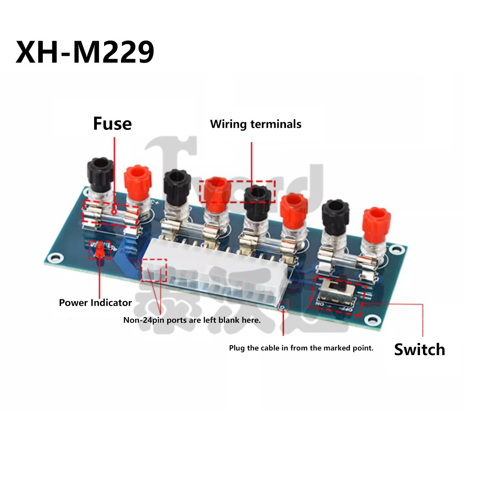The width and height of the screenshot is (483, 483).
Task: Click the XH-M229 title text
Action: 85,53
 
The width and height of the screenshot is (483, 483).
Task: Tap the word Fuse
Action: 112,124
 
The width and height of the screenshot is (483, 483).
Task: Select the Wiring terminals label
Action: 256,124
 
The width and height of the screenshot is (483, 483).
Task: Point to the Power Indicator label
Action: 95,303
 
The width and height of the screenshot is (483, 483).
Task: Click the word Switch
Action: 419,350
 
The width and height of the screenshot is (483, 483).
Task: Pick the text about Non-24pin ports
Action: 192,320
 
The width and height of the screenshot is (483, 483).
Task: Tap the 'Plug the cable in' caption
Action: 301,348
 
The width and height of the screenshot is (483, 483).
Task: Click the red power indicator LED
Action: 99,251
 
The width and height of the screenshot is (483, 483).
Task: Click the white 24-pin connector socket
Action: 216,276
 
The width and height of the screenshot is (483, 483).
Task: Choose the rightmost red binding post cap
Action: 374,221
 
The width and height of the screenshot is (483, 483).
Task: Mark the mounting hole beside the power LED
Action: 54,259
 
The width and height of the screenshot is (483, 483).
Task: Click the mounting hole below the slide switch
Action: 371,320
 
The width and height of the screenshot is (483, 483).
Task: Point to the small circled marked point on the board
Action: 283,307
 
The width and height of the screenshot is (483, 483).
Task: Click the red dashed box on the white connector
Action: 154,270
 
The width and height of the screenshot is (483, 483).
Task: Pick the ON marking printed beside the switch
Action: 320,304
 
